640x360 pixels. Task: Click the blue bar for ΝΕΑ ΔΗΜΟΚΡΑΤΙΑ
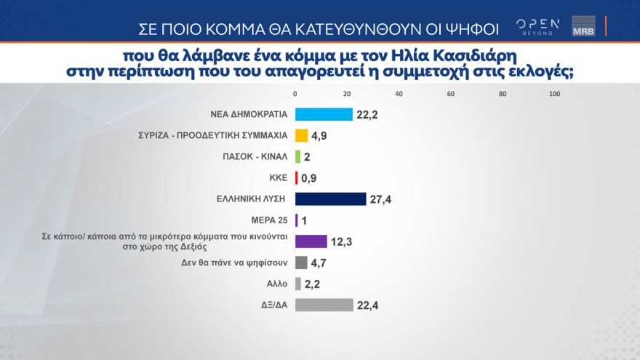point(324,114)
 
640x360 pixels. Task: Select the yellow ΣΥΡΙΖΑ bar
point(301,135)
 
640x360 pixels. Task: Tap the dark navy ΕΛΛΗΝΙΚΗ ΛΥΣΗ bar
point(330,199)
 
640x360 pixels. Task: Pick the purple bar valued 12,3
point(311,241)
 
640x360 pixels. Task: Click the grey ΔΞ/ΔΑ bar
point(324,305)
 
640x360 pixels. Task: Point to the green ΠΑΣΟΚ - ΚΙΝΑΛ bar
point(297,156)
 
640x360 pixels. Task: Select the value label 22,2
point(368,114)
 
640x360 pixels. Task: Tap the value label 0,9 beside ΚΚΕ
point(310,178)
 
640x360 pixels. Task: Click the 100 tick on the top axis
point(554,94)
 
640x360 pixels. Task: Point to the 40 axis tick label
point(399,94)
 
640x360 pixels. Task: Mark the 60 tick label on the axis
point(451,94)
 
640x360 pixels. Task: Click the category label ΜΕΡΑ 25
point(270,220)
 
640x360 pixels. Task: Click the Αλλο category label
point(278,284)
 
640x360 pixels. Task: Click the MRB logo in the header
point(583,26)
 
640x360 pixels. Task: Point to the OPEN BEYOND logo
point(537,26)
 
